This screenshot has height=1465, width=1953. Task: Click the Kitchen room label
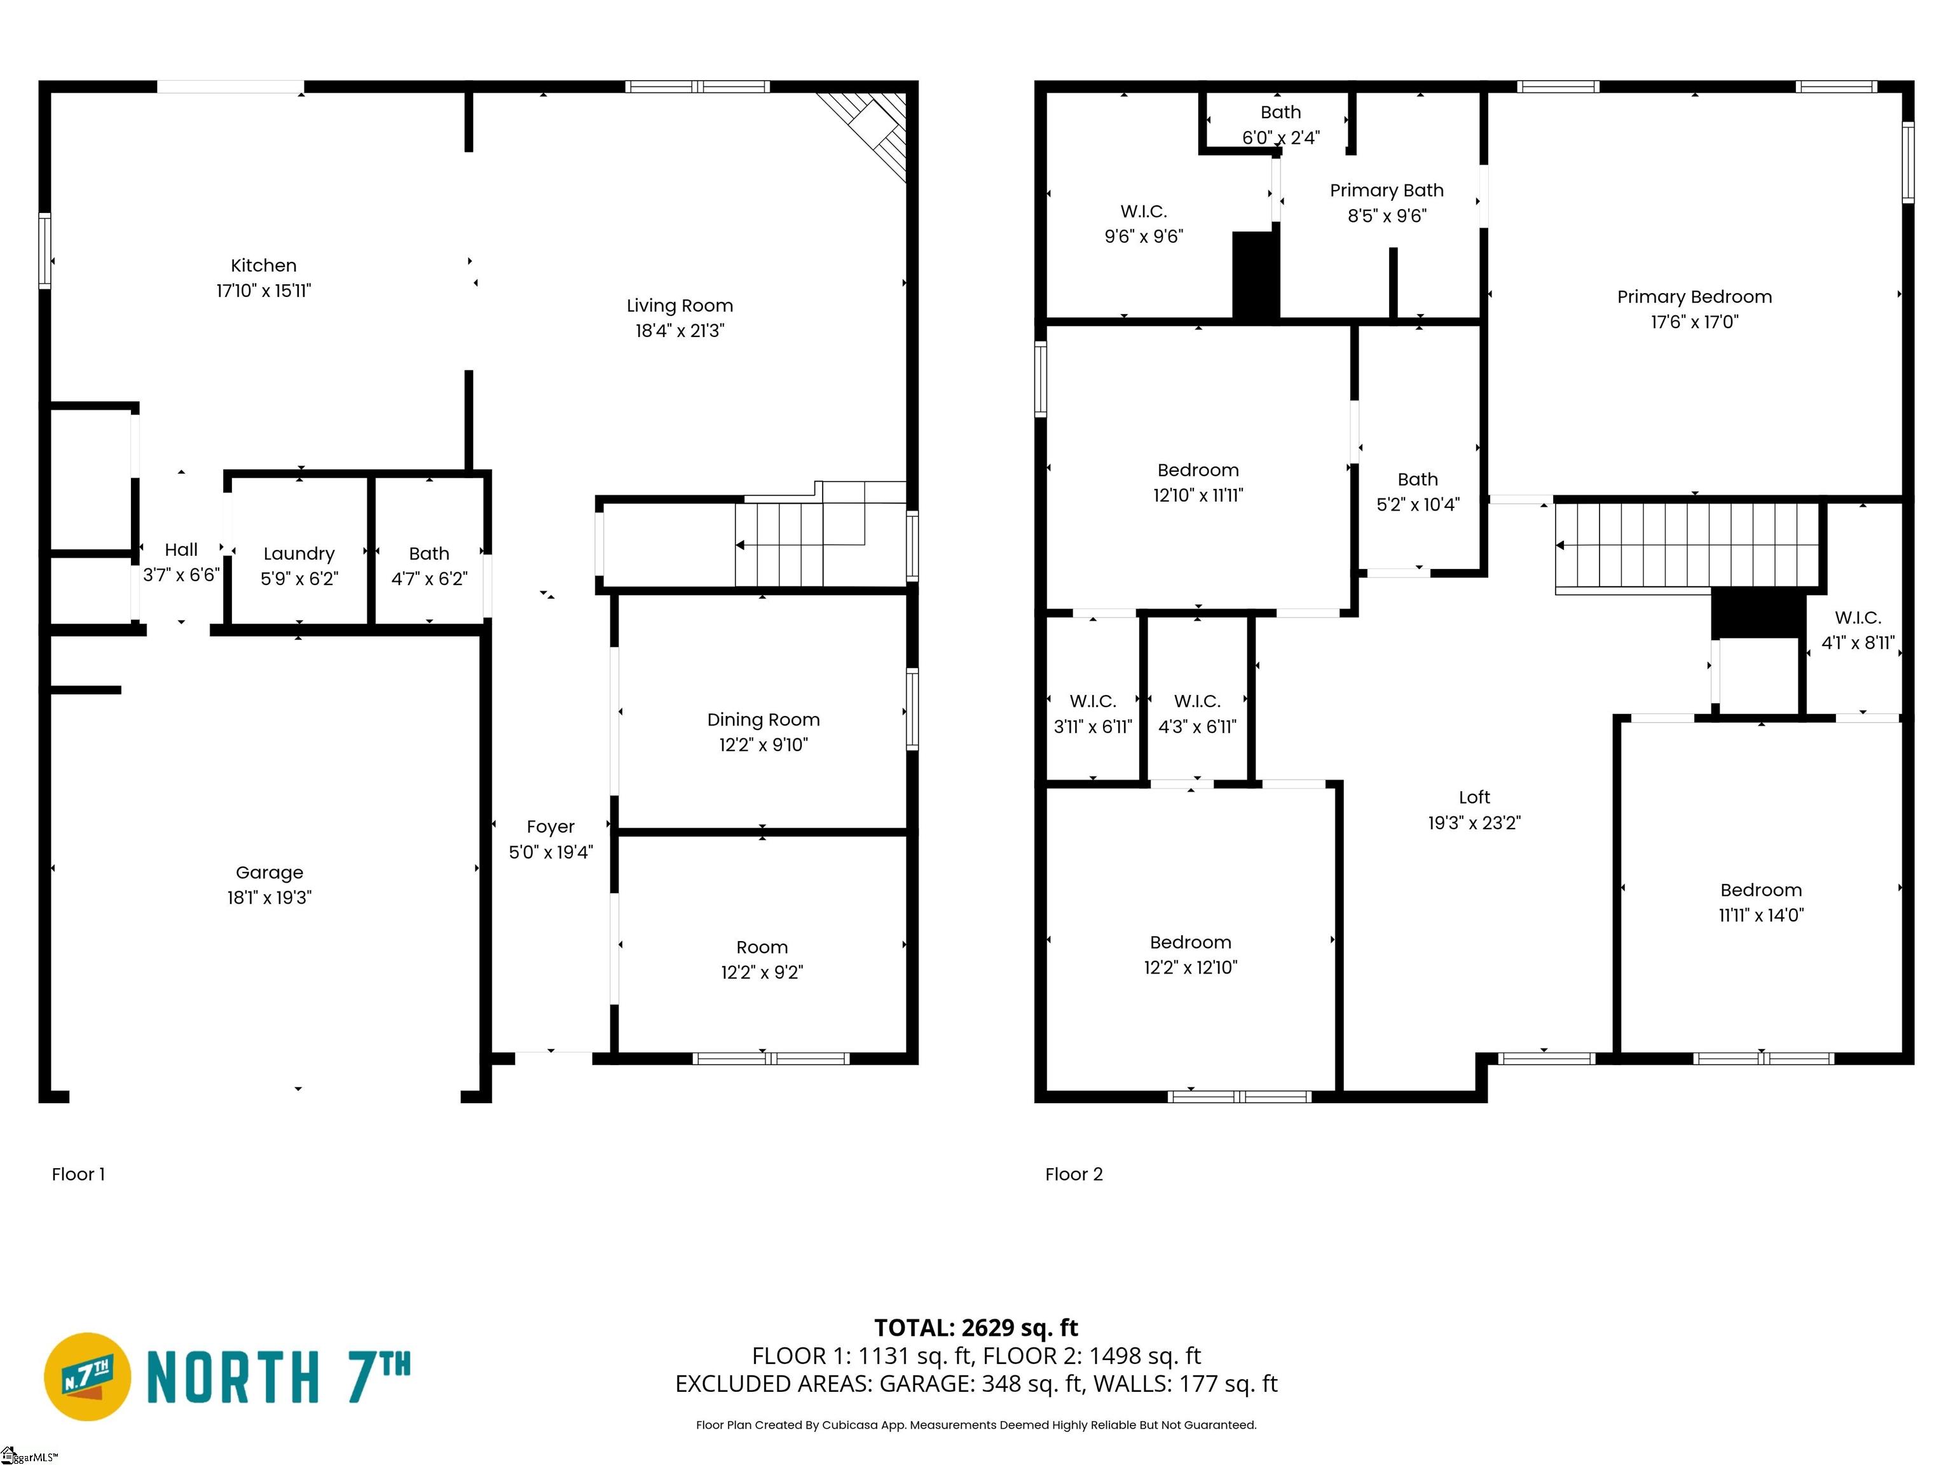coord(263,266)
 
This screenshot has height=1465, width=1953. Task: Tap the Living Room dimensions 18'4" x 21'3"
coord(680,330)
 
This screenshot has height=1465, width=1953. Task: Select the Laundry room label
coord(299,554)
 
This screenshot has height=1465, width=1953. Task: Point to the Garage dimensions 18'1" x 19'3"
coord(270,897)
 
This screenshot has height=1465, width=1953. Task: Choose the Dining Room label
coord(763,720)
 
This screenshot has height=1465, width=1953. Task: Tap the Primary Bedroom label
coord(1694,297)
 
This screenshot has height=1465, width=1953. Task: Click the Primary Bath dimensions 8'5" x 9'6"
coord(1387,216)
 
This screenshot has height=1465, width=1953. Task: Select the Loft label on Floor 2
coord(1474,797)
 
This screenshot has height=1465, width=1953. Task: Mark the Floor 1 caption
coord(78,1174)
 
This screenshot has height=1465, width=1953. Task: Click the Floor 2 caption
coord(1074,1174)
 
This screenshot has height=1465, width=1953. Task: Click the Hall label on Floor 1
coord(181,550)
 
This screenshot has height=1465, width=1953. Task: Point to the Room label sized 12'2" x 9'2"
coord(762,947)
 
